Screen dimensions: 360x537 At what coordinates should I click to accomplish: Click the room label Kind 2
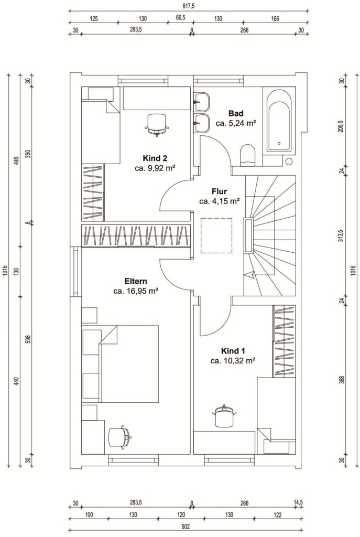pyautogui.click(x=155, y=158)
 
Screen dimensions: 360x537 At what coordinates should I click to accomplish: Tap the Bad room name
pyautogui.click(x=236, y=114)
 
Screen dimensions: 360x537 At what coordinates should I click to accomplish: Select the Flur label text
pyautogui.click(x=219, y=192)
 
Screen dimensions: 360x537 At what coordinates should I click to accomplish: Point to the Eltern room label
pyautogui.click(x=136, y=282)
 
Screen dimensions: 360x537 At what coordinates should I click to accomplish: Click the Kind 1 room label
pyautogui.click(x=233, y=351)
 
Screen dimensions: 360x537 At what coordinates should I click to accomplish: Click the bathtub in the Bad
pyautogui.click(x=280, y=121)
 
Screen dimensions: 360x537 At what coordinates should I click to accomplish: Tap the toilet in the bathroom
pyautogui.click(x=248, y=155)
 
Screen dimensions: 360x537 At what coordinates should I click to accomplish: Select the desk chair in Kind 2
pyautogui.click(x=157, y=125)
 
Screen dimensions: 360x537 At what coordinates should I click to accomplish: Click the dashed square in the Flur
pyautogui.click(x=216, y=235)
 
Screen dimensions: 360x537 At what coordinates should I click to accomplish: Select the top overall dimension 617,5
pyautogui.click(x=189, y=6)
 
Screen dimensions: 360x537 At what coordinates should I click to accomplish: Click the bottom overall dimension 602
pyautogui.click(x=185, y=527)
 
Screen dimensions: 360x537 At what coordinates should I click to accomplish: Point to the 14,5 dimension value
pyautogui.click(x=298, y=503)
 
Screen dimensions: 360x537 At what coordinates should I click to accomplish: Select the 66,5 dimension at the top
pyautogui.click(x=180, y=18)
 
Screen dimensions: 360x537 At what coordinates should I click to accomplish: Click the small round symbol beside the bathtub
pyautogui.click(x=289, y=162)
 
